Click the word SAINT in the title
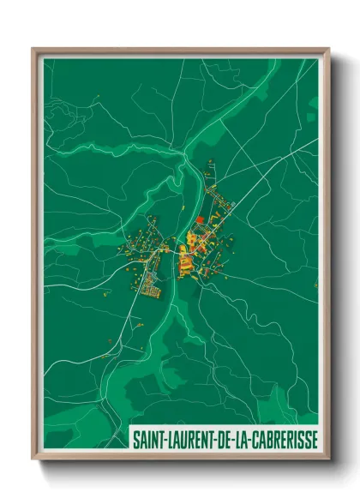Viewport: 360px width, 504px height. click(x=146, y=439)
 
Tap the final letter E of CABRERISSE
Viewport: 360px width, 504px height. click(x=313, y=439)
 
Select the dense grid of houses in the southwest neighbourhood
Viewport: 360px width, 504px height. click(x=151, y=286)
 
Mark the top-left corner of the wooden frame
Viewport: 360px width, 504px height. click(x=33, y=49)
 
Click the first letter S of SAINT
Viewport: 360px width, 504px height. click(x=136, y=439)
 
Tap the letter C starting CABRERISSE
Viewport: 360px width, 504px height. click(x=253, y=439)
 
